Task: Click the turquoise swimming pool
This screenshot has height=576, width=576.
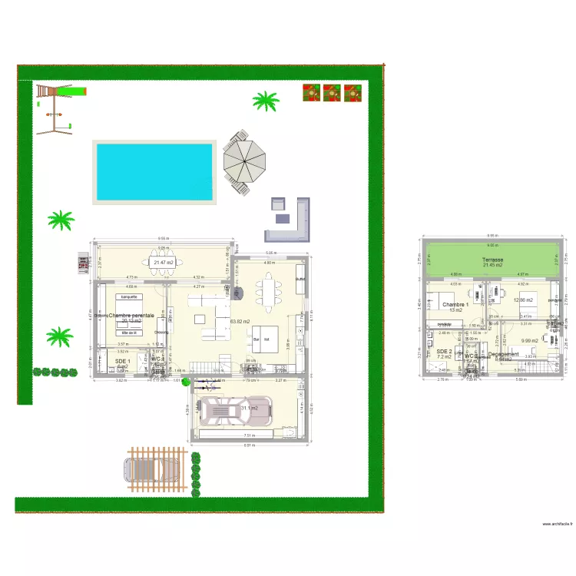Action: (154, 171)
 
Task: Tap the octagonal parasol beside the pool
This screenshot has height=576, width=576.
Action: (245, 161)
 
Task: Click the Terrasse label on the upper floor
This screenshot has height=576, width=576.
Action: (492, 260)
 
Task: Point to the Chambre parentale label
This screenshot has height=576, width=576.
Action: (131, 315)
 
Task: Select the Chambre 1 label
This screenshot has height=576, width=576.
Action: (455, 305)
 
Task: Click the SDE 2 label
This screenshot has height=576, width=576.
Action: (444, 351)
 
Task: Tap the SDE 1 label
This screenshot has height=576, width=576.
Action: (123, 361)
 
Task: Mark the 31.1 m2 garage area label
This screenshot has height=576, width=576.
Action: (249, 408)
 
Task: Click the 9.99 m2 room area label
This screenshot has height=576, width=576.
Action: (529, 341)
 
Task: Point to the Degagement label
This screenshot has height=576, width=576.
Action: (503, 355)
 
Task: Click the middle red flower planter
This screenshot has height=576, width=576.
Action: (332, 92)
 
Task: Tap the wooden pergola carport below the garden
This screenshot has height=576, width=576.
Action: (156, 468)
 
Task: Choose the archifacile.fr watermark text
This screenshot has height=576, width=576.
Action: (556, 525)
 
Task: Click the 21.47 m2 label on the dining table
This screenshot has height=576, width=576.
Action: (163, 263)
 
